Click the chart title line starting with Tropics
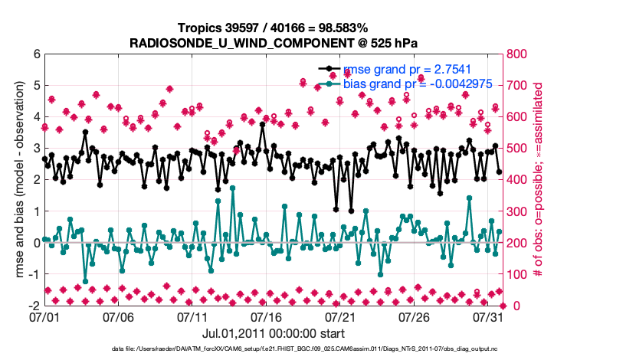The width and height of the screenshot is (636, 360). click(x=273, y=28)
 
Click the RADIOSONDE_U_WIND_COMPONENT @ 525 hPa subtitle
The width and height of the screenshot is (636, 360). click(x=273, y=43)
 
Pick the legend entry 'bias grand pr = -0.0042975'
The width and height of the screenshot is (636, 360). click(x=417, y=84)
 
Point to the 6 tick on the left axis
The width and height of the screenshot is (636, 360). click(x=36, y=54)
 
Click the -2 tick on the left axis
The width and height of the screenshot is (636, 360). click(x=34, y=306)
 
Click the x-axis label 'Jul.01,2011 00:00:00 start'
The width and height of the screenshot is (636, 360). click(x=273, y=334)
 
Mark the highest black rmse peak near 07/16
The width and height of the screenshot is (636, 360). click(x=262, y=125)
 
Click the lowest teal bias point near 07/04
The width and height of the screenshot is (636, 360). click(x=85, y=281)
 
